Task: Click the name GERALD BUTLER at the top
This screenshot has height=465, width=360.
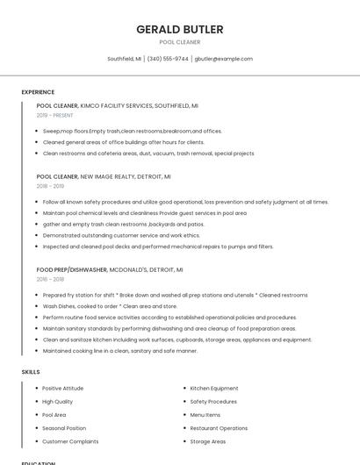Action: [179, 29]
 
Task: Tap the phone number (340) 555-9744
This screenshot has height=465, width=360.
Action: [168, 59]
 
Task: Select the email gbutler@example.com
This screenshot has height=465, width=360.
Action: [223, 59]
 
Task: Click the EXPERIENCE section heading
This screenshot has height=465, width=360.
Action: [38, 92]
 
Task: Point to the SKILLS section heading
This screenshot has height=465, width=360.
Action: [31, 372]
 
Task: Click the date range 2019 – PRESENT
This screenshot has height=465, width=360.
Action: [55, 115]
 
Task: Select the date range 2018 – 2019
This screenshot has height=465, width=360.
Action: [50, 186]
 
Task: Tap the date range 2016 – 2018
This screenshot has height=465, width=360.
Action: [50, 279]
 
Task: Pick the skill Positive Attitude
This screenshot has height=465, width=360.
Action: [62, 388]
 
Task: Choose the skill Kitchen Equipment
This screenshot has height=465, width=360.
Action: [214, 388]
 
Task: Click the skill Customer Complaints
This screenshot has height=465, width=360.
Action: [70, 441]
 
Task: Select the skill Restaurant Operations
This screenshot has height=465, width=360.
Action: [219, 428]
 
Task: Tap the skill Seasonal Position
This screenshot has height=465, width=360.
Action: [64, 428]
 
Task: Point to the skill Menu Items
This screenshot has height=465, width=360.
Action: [205, 415]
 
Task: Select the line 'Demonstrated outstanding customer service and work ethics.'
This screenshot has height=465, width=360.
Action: [121, 235]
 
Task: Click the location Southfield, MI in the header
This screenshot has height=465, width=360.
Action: [124, 59]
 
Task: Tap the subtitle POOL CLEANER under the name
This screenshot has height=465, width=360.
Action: [179, 42]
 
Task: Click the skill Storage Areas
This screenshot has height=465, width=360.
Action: [207, 441]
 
